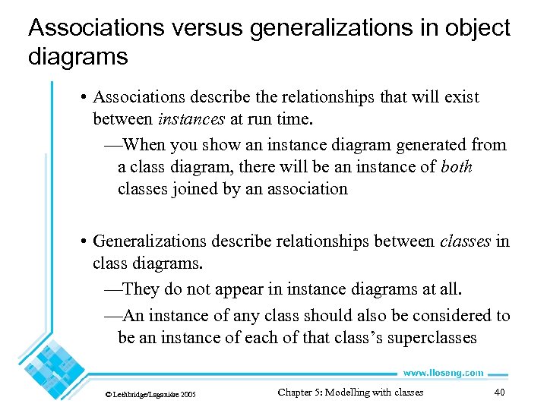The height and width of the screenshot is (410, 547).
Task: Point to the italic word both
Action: click(456, 166)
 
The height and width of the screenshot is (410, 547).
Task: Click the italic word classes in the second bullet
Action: click(465, 241)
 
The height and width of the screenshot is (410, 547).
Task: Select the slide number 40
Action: click(499, 393)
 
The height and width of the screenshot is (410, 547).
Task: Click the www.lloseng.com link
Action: click(442, 373)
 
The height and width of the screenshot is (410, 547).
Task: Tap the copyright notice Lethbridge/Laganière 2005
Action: click(153, 394)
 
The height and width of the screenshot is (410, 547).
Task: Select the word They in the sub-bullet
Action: click(140, 289)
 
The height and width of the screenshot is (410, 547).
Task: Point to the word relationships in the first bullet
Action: click(315, 97)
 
